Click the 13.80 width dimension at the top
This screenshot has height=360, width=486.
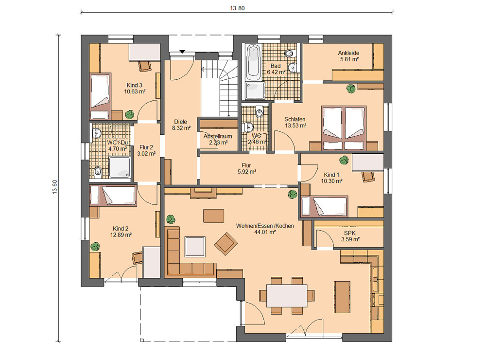(237, 8)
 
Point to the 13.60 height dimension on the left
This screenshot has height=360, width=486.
(55, 187)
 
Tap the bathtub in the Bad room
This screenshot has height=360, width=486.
(253, 62)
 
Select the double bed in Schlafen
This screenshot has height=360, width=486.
(344, 128)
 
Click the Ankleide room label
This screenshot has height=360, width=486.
(348, 53)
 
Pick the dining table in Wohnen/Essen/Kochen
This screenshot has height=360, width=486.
(287, 295)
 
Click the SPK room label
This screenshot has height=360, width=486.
(349, 233)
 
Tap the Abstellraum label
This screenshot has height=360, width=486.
(218, 136)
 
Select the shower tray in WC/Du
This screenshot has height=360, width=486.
(120, 168)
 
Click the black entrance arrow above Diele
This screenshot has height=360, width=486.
(182, 52)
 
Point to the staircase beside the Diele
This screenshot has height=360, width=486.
(219, 88)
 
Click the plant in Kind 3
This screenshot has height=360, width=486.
(130, 114)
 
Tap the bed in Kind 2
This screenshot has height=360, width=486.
(113, 196)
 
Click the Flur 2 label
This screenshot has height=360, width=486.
(146, 147)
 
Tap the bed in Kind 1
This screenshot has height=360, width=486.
(325, 206)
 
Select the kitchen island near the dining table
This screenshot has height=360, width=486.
(342, 297)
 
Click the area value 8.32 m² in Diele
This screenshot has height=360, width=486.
(181, 128)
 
